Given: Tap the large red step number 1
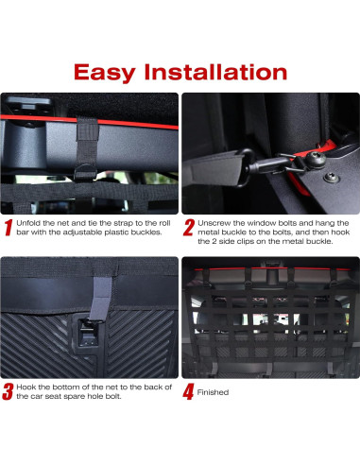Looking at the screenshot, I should [9, 228].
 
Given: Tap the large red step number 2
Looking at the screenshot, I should [189, 228].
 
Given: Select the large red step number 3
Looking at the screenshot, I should [9, 391].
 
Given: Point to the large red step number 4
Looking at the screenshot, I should [189, 391].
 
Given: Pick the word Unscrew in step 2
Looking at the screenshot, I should [213, 220].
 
